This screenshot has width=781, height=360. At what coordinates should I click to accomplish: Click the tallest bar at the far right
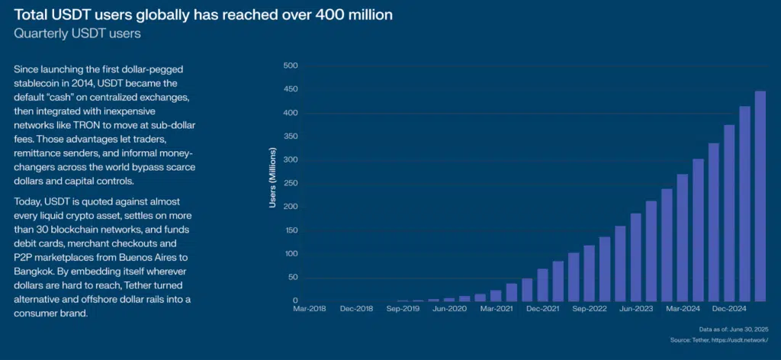click(760, 195)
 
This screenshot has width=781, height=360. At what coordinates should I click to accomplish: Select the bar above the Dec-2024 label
click(728, 213)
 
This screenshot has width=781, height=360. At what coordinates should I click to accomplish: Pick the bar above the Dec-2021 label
click(542, 284)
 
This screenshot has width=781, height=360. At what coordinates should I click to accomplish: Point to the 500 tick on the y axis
click(290, 66)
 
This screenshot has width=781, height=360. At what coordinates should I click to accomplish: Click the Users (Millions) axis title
click(273, 183)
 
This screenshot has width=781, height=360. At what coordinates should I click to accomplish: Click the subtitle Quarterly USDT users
click(77, 34)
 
